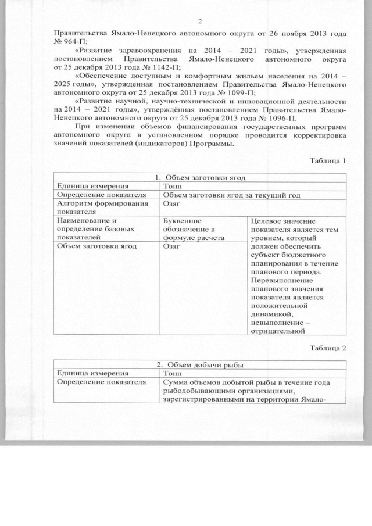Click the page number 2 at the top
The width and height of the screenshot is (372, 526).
pyautogui.click(x=199, y=22)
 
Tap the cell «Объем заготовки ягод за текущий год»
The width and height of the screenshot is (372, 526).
pyautogui.click(x=231, y=195)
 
